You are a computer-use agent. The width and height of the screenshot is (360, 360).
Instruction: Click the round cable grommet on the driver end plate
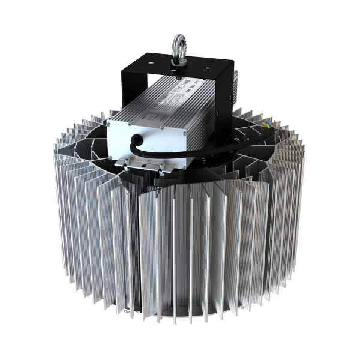click(139, 139)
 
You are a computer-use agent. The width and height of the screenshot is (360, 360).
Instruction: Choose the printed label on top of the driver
click(180, 96)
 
